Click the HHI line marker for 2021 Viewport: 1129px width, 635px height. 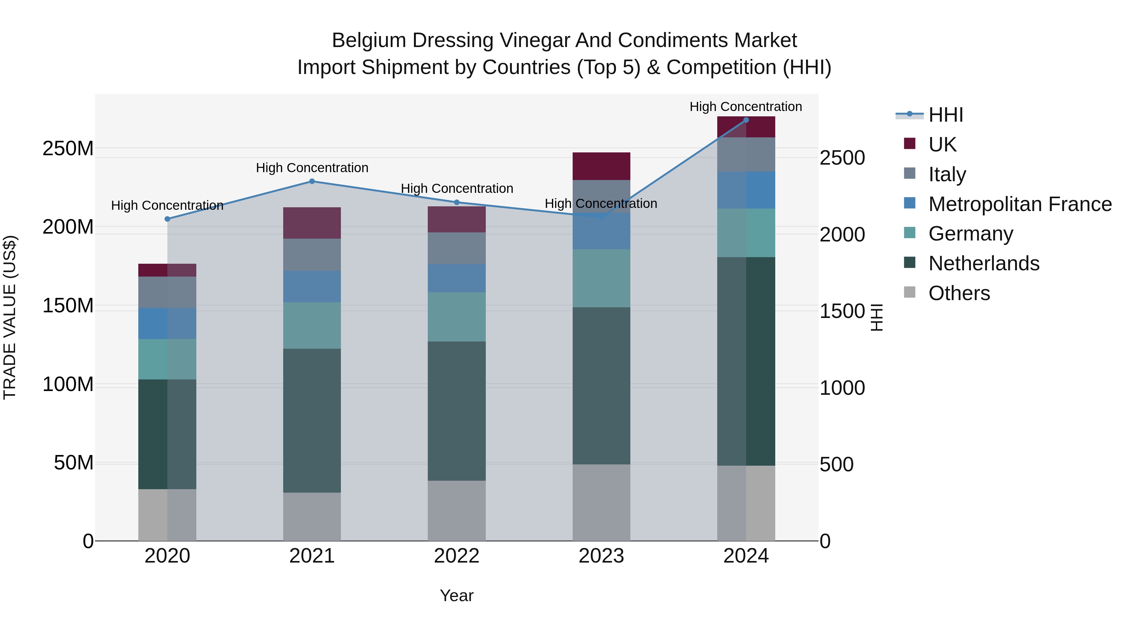[312, 181]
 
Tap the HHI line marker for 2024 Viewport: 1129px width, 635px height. [746, 120]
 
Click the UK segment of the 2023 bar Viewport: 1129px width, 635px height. [601, 166]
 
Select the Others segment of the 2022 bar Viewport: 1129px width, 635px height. [456, 510]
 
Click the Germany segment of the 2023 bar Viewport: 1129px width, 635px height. [601, 278]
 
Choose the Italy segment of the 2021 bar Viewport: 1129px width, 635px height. [312, 254]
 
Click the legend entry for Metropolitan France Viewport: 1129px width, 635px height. [1020, 204]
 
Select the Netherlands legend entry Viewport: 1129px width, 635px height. [983, 263]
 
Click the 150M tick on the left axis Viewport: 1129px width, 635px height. [68, 305]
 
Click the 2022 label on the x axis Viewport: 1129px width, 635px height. [456, 556]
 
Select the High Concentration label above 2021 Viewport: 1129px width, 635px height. [312, 168]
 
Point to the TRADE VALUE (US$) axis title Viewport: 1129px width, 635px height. [10, 317]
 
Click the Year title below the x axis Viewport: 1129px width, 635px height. [456, 595]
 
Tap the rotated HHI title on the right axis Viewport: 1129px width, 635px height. [877, 317]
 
